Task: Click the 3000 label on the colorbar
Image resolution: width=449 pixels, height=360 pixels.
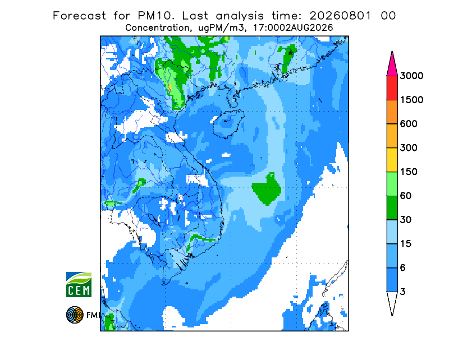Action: click(x=411, y=76)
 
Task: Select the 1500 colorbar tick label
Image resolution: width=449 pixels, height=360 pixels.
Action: click(x=411, y=100)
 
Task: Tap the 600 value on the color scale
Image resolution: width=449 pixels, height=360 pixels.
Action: click(x=409, y=124)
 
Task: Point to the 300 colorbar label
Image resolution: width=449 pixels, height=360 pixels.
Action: click(x=409, y=148)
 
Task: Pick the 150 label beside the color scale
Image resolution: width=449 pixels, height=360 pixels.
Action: click(x=409, y=172)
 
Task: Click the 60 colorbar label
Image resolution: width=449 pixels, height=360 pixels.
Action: click(x=406, y=196)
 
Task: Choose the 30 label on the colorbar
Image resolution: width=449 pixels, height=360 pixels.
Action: click(x=406, y=220)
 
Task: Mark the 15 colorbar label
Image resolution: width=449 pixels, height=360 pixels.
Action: click(x=406, y=244)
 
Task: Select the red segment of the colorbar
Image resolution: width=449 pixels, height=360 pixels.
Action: click(x=392, y=88)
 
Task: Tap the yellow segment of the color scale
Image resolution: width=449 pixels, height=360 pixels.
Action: click(x=392, y=160)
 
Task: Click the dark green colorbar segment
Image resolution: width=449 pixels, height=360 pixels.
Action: click(x=392, y=208)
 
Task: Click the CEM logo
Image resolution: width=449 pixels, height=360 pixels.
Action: click(x=79, y=284)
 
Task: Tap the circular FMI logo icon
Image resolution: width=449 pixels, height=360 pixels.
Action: click(x=75, y=315)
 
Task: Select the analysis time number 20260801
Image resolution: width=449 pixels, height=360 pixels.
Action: click(x=341, y=16)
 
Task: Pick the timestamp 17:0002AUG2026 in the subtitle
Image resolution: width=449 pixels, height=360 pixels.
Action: click(x=293, y=28)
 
